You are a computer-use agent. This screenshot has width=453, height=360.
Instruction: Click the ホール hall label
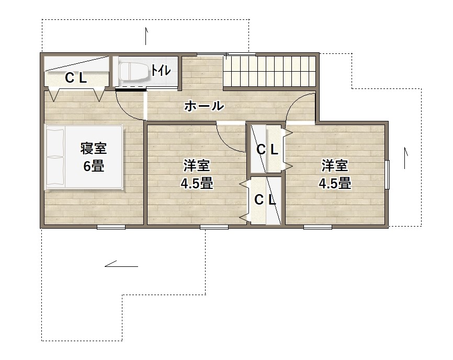[204, 106]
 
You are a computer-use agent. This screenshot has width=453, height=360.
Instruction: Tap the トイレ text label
[161, 70]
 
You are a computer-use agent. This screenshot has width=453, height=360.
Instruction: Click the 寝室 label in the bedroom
[93, 148]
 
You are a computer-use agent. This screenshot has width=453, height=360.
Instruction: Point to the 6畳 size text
[94, 166]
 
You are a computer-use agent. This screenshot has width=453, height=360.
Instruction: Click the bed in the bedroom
[84, 157]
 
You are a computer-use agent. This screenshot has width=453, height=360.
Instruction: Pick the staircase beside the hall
[269, 71]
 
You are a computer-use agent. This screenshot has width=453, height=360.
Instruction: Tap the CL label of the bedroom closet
[76, 78]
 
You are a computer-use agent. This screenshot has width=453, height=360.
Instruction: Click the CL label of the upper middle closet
[267, 149]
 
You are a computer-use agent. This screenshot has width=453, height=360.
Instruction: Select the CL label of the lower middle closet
[265, 199]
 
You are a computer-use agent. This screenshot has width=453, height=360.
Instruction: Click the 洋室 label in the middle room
[197, 165]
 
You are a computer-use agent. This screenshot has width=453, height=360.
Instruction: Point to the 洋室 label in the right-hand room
[335, 165]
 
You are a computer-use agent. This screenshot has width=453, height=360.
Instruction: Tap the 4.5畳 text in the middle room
[197, 183]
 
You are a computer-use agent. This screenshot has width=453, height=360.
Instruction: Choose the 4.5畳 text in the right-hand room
[335, 183]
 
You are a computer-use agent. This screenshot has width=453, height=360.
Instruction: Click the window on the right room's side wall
[388, 174]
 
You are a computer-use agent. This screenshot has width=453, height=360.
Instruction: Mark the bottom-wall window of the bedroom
[111, 227]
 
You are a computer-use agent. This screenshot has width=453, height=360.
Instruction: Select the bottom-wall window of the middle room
[214, 227]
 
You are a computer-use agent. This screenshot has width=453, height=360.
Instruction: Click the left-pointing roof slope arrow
[121, 264]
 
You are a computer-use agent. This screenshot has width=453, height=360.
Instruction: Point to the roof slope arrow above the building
[146, 36]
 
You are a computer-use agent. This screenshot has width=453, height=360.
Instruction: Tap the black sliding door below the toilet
[130, 89]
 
